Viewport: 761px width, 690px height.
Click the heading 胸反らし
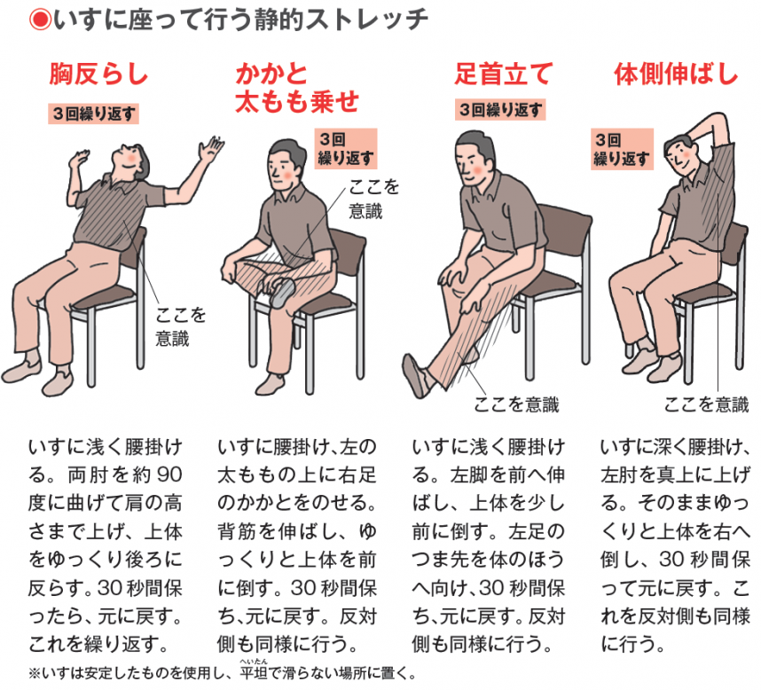[x=98, y=75]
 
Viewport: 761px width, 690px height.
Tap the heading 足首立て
[x=503, y=75]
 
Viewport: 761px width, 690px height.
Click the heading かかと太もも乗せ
[x=296, y=89]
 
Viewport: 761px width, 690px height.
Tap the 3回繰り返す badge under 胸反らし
[x=95, y=114]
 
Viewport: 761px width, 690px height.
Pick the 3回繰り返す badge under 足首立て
[x=500, y=110]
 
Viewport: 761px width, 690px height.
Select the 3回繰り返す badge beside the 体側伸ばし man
[x=622, y=149]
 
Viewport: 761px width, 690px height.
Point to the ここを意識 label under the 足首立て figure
[x=517, y=404]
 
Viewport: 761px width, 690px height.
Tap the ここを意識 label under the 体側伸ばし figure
[x=706, y=404]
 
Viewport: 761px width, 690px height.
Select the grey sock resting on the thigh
[x=282, y=291]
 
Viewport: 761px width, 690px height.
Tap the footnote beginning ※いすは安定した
[x=222, y=672]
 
